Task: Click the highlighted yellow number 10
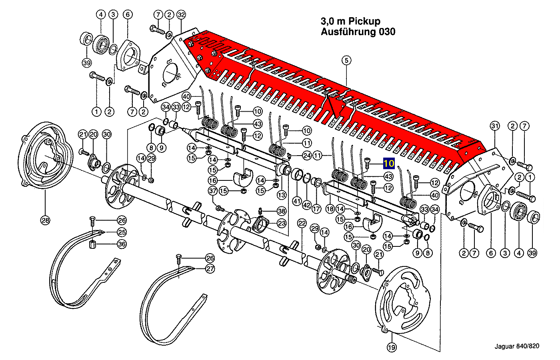389,164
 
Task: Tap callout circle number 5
346,61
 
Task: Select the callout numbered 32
181,15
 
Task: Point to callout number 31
495,126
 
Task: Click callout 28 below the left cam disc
45,220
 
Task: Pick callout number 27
210,269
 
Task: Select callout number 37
213,191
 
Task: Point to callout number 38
282,211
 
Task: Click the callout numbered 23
282,223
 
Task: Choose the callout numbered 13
282,195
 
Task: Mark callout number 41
296,201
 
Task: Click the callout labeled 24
307,155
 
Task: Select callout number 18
330,209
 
